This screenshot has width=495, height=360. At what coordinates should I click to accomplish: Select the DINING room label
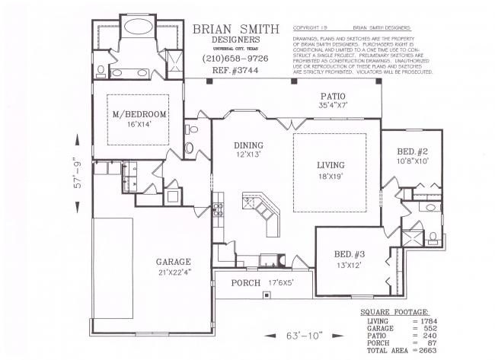tap(248, 145)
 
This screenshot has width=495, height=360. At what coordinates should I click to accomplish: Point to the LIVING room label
tap(331, 165)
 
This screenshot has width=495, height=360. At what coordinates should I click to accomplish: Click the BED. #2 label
tap(413, 152)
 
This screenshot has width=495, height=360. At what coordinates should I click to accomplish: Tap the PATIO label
tap(332, 97)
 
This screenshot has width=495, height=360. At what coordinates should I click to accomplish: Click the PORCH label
tap(245, 283)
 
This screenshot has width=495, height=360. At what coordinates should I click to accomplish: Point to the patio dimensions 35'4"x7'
tap(332, 106)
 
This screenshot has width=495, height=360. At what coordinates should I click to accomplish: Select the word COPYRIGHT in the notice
tap(309, 27)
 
